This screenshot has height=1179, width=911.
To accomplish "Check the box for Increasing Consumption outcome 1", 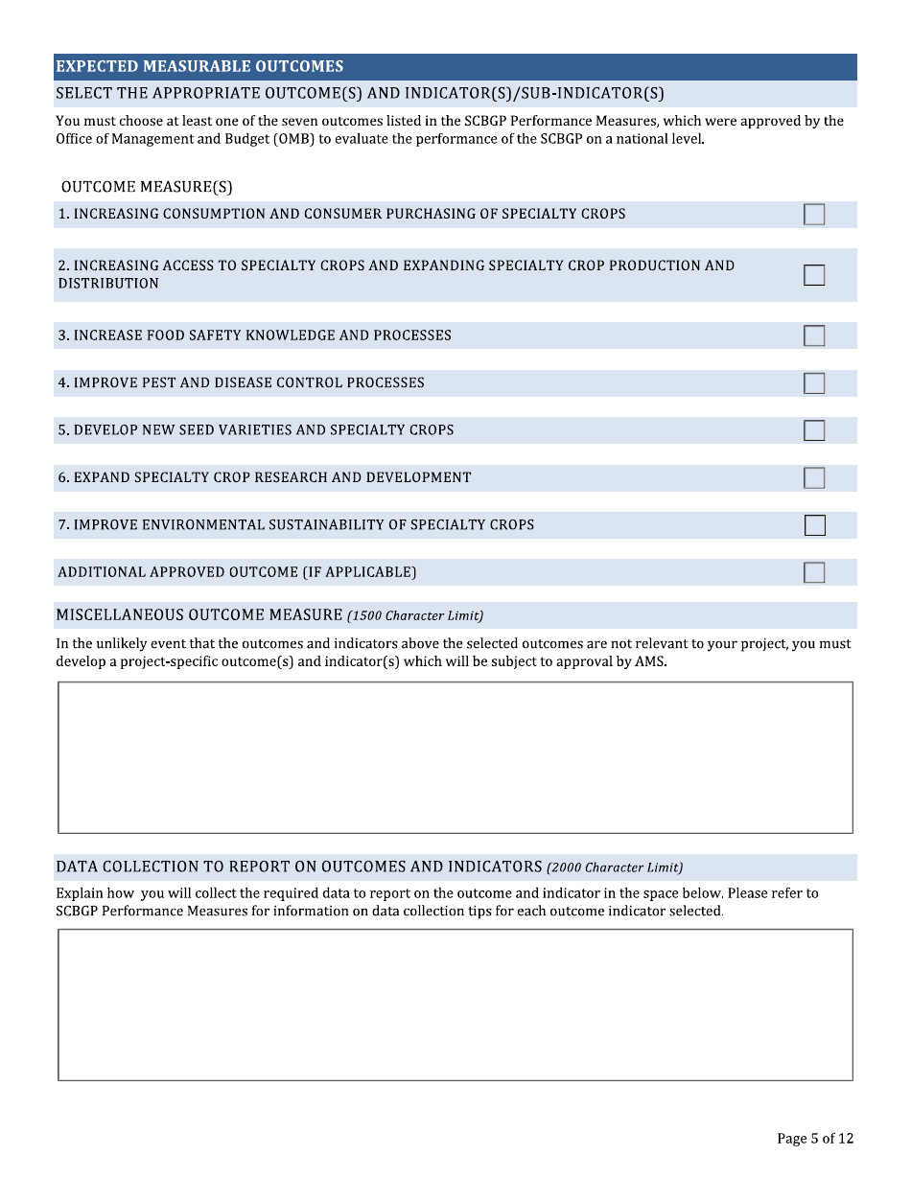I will (814, 215).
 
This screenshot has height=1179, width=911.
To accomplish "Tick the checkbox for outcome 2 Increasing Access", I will (814, 275).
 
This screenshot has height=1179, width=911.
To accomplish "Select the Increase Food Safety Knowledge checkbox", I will (814, 335).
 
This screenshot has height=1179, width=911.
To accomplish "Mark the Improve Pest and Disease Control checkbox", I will (814, 383).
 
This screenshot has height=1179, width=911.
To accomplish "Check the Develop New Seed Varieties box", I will (814, 430).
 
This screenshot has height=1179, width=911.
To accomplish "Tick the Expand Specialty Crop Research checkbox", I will (814, 477).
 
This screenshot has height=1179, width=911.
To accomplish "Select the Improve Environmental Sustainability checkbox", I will (814, 525).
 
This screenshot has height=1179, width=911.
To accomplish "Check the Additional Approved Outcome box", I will (814, 572).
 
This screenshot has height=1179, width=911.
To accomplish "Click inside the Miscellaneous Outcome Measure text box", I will (455, 757).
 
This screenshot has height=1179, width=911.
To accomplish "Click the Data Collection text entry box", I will (455, 1005).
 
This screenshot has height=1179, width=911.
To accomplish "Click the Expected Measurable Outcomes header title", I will (199, 66).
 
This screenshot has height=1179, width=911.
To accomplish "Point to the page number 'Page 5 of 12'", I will (814, 1139).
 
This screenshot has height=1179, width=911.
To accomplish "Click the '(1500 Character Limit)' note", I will (415, 615).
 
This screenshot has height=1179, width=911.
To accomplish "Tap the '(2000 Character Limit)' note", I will (615, 867).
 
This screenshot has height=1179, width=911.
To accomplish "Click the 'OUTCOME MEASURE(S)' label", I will (147, 187).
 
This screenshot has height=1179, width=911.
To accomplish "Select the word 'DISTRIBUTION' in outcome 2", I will (108, 284).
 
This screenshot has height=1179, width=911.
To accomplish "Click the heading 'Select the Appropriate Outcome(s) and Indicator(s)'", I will (360, 94).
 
